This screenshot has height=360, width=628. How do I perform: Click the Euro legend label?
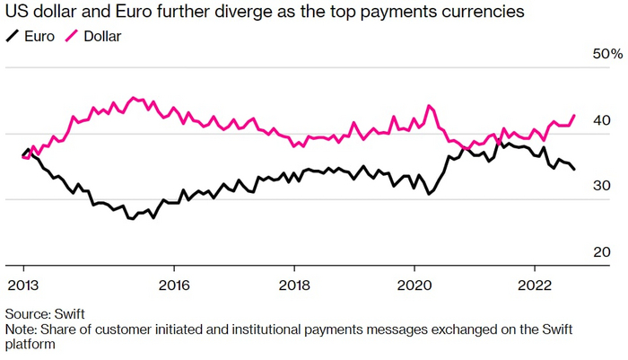39,37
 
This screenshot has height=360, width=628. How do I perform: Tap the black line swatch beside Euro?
13,36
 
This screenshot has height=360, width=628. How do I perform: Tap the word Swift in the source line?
71,314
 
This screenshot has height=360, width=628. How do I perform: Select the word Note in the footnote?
21,329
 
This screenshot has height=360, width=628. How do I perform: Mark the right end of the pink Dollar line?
574,115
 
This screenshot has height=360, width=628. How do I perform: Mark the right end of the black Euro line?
575,169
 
